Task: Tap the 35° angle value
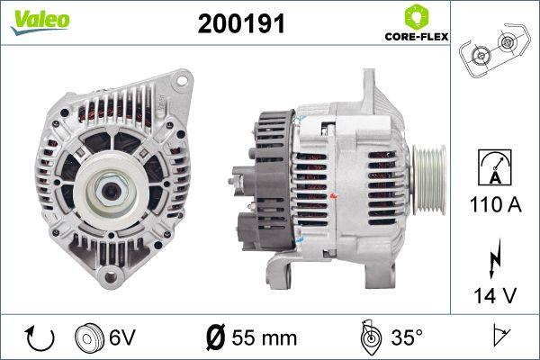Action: [405, 337]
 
